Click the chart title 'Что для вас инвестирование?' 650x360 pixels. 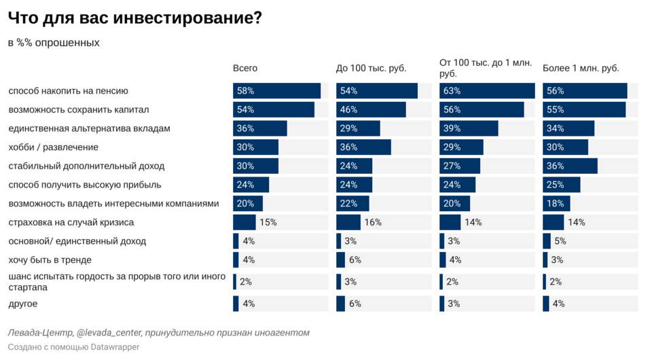coord(134,18)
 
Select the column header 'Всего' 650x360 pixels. coord(245,69)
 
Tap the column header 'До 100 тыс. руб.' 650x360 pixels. coord(371,69)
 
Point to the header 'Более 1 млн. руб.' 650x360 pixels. coord(581,69)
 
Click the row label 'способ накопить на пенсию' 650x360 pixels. coord(68,91)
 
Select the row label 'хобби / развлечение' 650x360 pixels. coord(53,147)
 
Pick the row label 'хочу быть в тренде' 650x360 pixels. coord(50,259)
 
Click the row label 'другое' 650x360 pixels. coord(23,304)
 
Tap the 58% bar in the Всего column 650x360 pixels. coord(276,91)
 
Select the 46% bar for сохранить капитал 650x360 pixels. coord(371,110)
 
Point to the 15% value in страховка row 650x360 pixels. coord(268,222)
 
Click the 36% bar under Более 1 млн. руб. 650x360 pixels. coord(570,166)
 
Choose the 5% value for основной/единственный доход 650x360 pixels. coord(560,241)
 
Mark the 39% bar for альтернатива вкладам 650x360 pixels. coord(469,128)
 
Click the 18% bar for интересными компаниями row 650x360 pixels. coord(556,204)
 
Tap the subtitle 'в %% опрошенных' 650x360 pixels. coord(54,43)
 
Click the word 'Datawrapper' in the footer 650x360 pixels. coord(115,347)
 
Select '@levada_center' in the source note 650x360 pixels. coord(109,333)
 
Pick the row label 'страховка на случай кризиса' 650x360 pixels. coord(71,222)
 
